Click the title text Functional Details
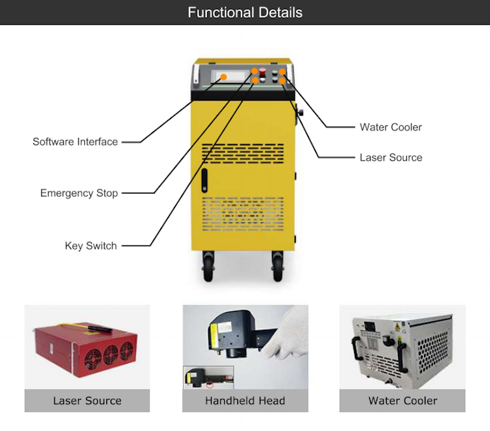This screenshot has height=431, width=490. [245, 13]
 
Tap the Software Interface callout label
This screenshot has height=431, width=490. [75, 142]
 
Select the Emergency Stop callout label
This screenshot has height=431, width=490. [79, 193]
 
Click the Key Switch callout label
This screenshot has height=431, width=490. [91, 246]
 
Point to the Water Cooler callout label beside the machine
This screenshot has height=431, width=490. [391, 127]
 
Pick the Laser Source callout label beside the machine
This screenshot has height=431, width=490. [391, 157]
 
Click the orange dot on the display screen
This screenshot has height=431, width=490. [223, 77]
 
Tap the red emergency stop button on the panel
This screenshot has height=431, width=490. [263, 71]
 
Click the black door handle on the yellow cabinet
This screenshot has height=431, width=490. [204, 180]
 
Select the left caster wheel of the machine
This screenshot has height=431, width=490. [208, 266]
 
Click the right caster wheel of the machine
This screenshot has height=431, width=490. [278, 266]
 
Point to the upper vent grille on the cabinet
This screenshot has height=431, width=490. [243, 153]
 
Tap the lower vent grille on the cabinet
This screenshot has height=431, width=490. [243, 214]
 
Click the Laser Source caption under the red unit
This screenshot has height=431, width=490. [87, 401]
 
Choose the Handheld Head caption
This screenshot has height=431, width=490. [245, 401]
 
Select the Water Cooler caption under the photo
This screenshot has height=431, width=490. [402, 401]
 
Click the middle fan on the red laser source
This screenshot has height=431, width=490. [111, 355]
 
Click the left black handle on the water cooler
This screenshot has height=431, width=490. [356, 349]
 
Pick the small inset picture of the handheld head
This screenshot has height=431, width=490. [208, 377]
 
